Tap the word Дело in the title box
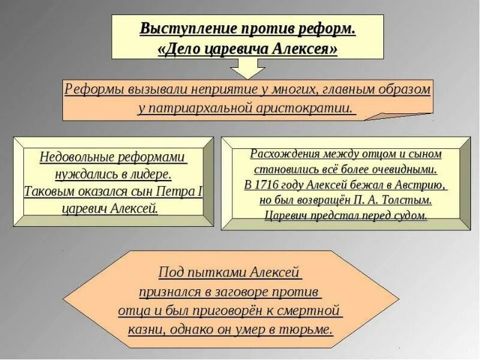click(x=181, y=49)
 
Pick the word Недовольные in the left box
click(x=76, y=157)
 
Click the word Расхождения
click(x=284, y=154)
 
